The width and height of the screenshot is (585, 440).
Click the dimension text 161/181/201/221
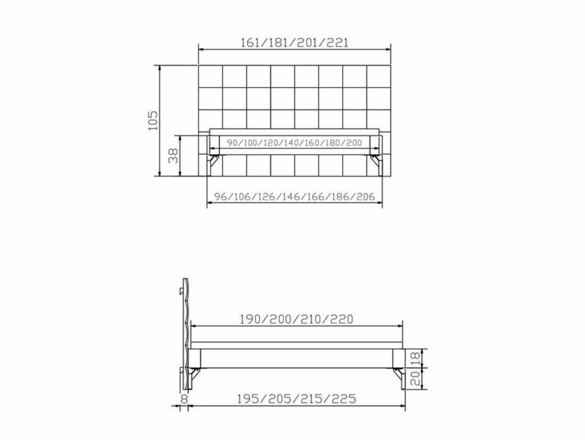(x=294, y=43)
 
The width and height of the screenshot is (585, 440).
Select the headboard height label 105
(x=153, y=120)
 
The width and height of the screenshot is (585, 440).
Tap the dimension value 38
(x=173, y=156)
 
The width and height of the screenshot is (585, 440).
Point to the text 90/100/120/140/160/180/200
(x=294, y=143)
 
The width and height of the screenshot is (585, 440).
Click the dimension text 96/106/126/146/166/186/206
(x=294, y=196)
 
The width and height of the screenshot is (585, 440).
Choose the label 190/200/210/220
(x=296, y=319)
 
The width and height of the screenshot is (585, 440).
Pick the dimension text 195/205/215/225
(x=296, y=399)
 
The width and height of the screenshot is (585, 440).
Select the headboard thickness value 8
(x=184, y=399)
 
